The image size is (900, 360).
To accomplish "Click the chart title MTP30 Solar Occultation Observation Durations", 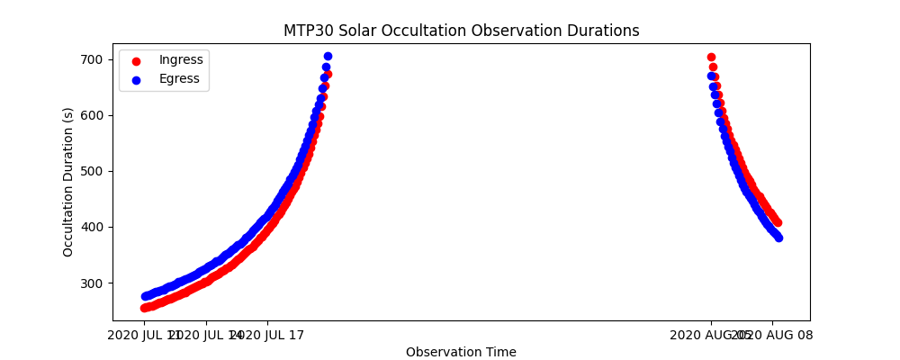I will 461,31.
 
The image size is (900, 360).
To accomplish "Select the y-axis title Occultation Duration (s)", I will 68,182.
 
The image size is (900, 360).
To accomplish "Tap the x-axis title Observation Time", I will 461,352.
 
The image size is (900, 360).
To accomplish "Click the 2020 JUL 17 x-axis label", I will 267,336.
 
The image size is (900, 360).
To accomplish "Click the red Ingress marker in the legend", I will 136,61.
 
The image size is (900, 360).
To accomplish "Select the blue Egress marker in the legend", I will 136,79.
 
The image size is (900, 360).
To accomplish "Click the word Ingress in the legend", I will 180,60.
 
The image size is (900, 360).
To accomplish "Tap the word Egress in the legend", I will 179,78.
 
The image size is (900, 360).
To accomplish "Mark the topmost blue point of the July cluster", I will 328,56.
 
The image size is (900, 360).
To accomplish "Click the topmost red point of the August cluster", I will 711,57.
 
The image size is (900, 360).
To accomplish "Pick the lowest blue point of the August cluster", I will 778,238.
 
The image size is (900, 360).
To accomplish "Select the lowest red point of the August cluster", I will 778,222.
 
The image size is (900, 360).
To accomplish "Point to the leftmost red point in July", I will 144,308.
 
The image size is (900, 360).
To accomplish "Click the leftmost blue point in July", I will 144,296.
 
